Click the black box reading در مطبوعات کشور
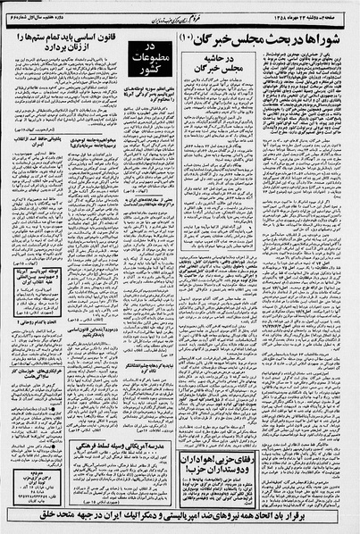pyautogui.click(x=144, y=57)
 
